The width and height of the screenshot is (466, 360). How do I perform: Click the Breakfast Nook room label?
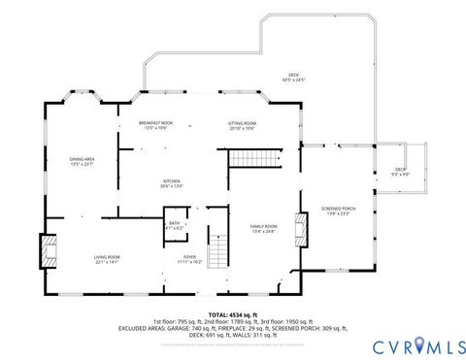(x=155, y=123)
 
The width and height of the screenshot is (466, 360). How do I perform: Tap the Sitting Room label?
(x=242, y=123)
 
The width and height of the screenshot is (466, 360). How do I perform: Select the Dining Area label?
(x=82, y=158)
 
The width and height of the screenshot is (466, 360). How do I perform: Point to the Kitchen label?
(x=172, y=180)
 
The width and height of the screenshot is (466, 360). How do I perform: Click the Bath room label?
(x=174, y=222)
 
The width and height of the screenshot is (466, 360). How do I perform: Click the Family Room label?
(x=264, y=225)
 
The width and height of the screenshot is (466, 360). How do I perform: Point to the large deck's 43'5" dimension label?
(x=293, y=81)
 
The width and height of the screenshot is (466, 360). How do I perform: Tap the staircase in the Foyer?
(x=220, y=247)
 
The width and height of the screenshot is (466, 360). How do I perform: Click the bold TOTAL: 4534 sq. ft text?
(x=232, y=313)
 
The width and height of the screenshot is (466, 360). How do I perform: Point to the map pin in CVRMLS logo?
(x=419, y=343)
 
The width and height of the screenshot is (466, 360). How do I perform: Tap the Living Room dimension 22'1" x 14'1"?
(x=107, y=261)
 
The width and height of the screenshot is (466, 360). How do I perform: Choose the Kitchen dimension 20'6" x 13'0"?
(x=172, y=186)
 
